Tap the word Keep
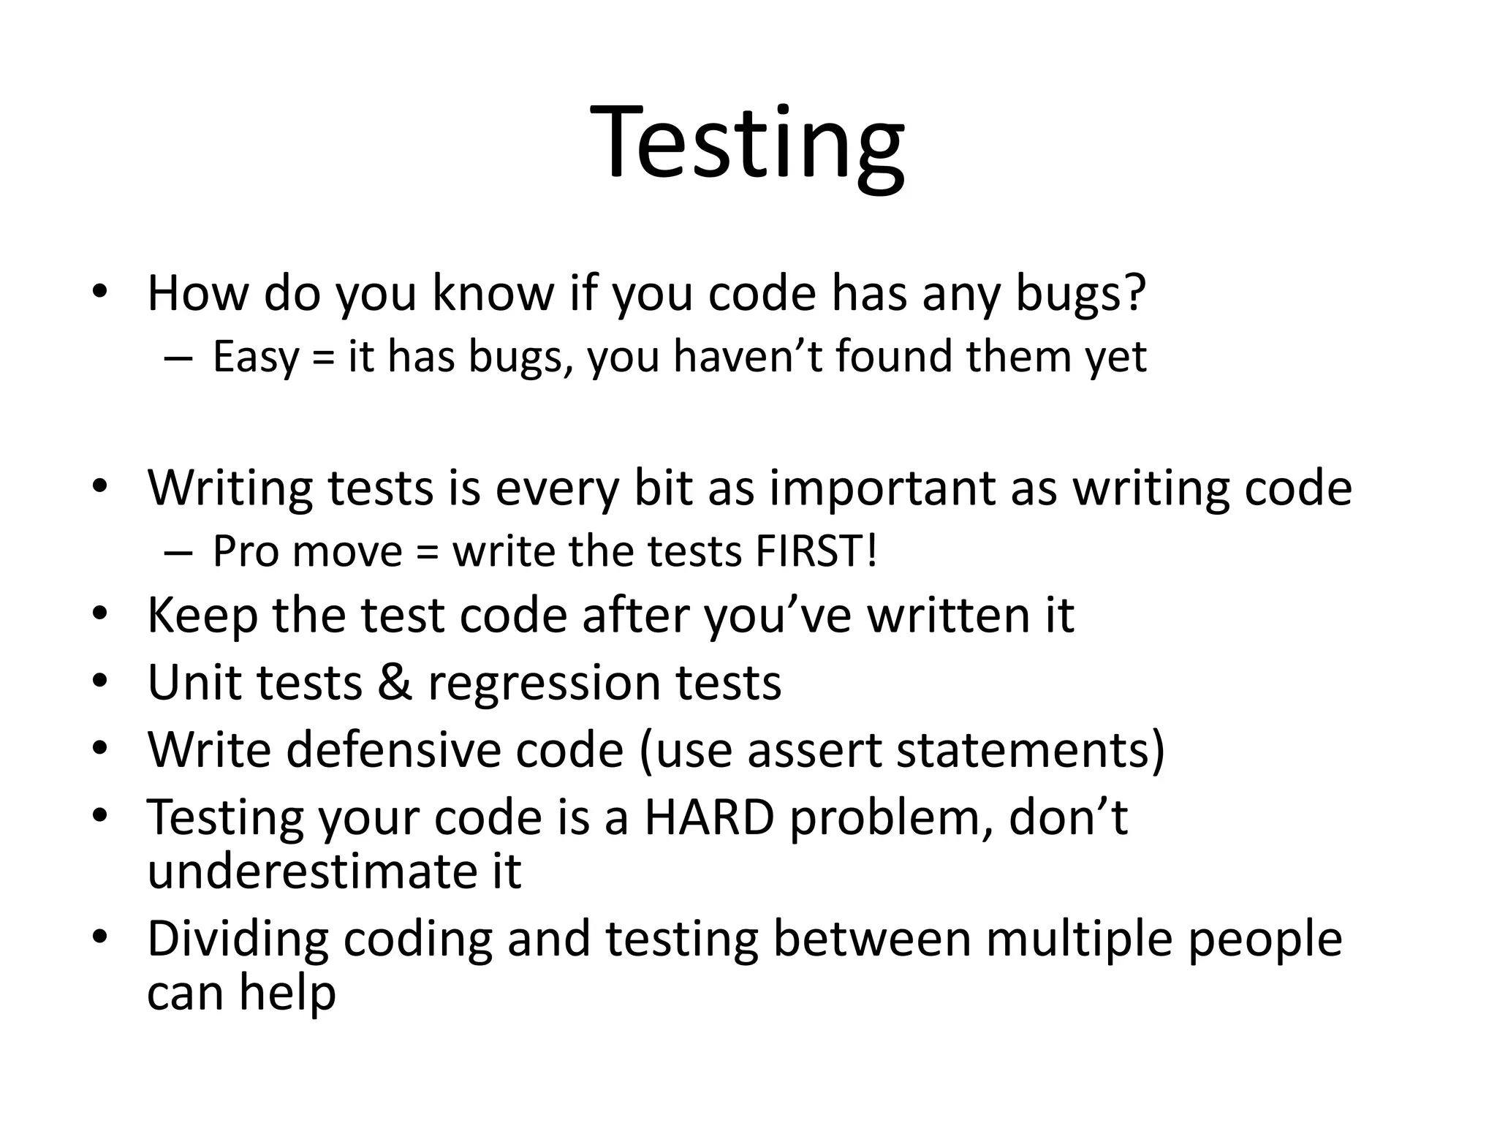[x=202, y=616]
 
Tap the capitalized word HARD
[x=708, y=817]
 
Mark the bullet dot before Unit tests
[x=100, y=682]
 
